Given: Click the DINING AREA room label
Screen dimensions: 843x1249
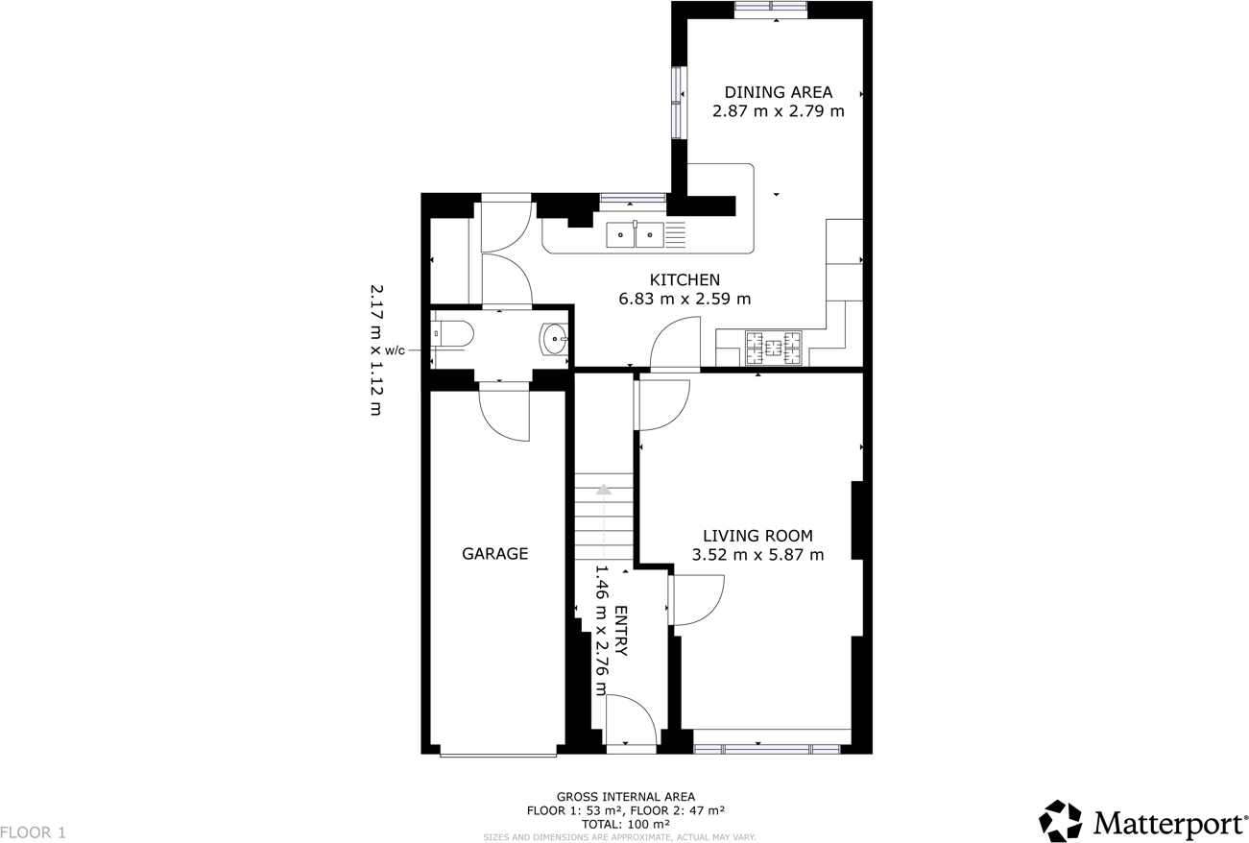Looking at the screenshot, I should tap(778, 92).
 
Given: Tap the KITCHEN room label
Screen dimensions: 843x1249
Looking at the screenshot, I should tap(685, 279).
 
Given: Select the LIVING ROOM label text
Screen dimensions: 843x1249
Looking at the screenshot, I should tap(757, 536).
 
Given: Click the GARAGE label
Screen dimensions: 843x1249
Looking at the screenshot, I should tap(495, 554).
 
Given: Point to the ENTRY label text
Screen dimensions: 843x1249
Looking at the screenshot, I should tap(620, 631).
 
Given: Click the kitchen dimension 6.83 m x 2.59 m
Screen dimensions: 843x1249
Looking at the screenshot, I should tap(685, 299).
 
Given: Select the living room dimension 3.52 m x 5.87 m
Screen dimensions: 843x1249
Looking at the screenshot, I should tap(757, 554).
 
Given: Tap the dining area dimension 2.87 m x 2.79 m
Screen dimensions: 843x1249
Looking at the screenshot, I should tap(778, 111).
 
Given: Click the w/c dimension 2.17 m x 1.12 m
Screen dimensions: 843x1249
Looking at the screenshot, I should tap(375, 349).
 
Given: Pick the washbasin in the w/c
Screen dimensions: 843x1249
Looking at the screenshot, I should tap(556, 339).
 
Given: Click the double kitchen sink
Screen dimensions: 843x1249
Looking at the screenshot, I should tap(635, 233).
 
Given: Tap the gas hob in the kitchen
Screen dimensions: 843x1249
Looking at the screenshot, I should tap(774, 348).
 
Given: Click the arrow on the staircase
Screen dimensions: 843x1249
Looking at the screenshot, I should tap(603, 489).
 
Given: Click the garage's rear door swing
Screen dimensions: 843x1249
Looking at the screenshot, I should tap(506, 415).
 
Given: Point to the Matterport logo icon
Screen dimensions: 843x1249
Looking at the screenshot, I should tap(1061, 821).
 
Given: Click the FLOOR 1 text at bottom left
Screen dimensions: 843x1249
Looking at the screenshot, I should tap(33, 832).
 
